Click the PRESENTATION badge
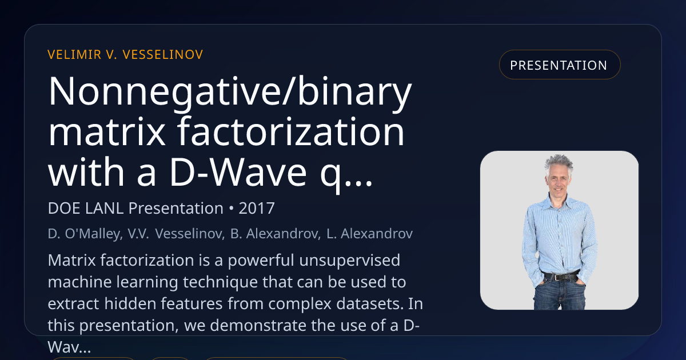tap(560, 65)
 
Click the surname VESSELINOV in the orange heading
tap(162, 55)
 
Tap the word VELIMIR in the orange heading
tap(74, 55)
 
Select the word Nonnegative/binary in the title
tap(230, 92)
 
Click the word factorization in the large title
tap(291, 132)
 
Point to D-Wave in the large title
tap(238, 172)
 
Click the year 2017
tap(257, 209)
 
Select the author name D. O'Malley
tap(85, 234)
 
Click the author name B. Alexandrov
tap(276, 234)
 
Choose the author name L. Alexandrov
tap(370, 234)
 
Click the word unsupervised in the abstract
tap(350, 261)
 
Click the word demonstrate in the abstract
tap(258, 325)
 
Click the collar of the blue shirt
tap(560, 202)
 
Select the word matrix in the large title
tap(107, 132)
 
